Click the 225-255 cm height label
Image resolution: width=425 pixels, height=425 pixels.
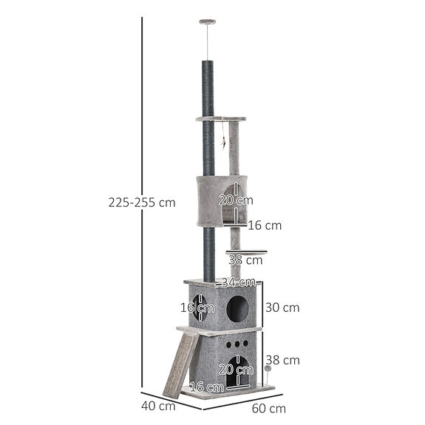click(x=141, y=203)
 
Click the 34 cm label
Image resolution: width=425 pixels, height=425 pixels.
click(x=238, y=282)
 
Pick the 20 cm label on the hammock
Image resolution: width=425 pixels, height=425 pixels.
click(x=236, y=200)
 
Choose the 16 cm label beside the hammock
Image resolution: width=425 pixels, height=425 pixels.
click(x=265, y=225)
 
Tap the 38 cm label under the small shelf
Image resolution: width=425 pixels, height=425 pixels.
click(x=245, y=259)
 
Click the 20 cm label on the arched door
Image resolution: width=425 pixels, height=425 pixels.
click(x=236, y=369)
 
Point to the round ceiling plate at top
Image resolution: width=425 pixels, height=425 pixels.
click(x=208, y=22)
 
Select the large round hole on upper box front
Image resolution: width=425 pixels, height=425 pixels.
click(x=237, y=309)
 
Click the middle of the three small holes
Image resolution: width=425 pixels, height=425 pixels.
click(x=237, y=345)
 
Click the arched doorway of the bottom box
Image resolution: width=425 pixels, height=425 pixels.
click(x=237, y=378)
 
